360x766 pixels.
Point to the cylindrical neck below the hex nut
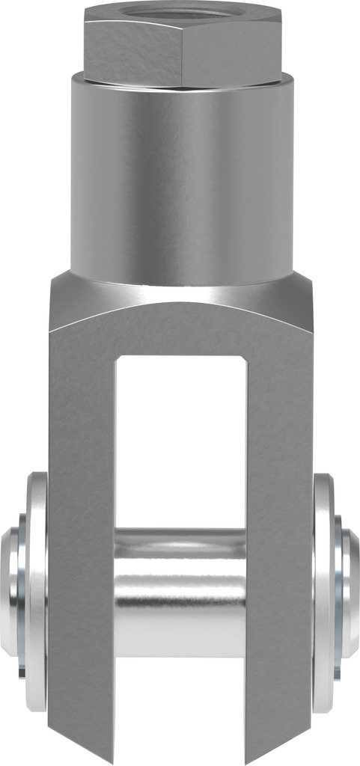coord(182,180)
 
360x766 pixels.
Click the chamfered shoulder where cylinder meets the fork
coord(182,295)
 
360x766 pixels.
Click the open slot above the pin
coord(180,441)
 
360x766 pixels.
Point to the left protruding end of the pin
coord(10,591)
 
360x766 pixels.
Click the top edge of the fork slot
coord(180,358)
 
